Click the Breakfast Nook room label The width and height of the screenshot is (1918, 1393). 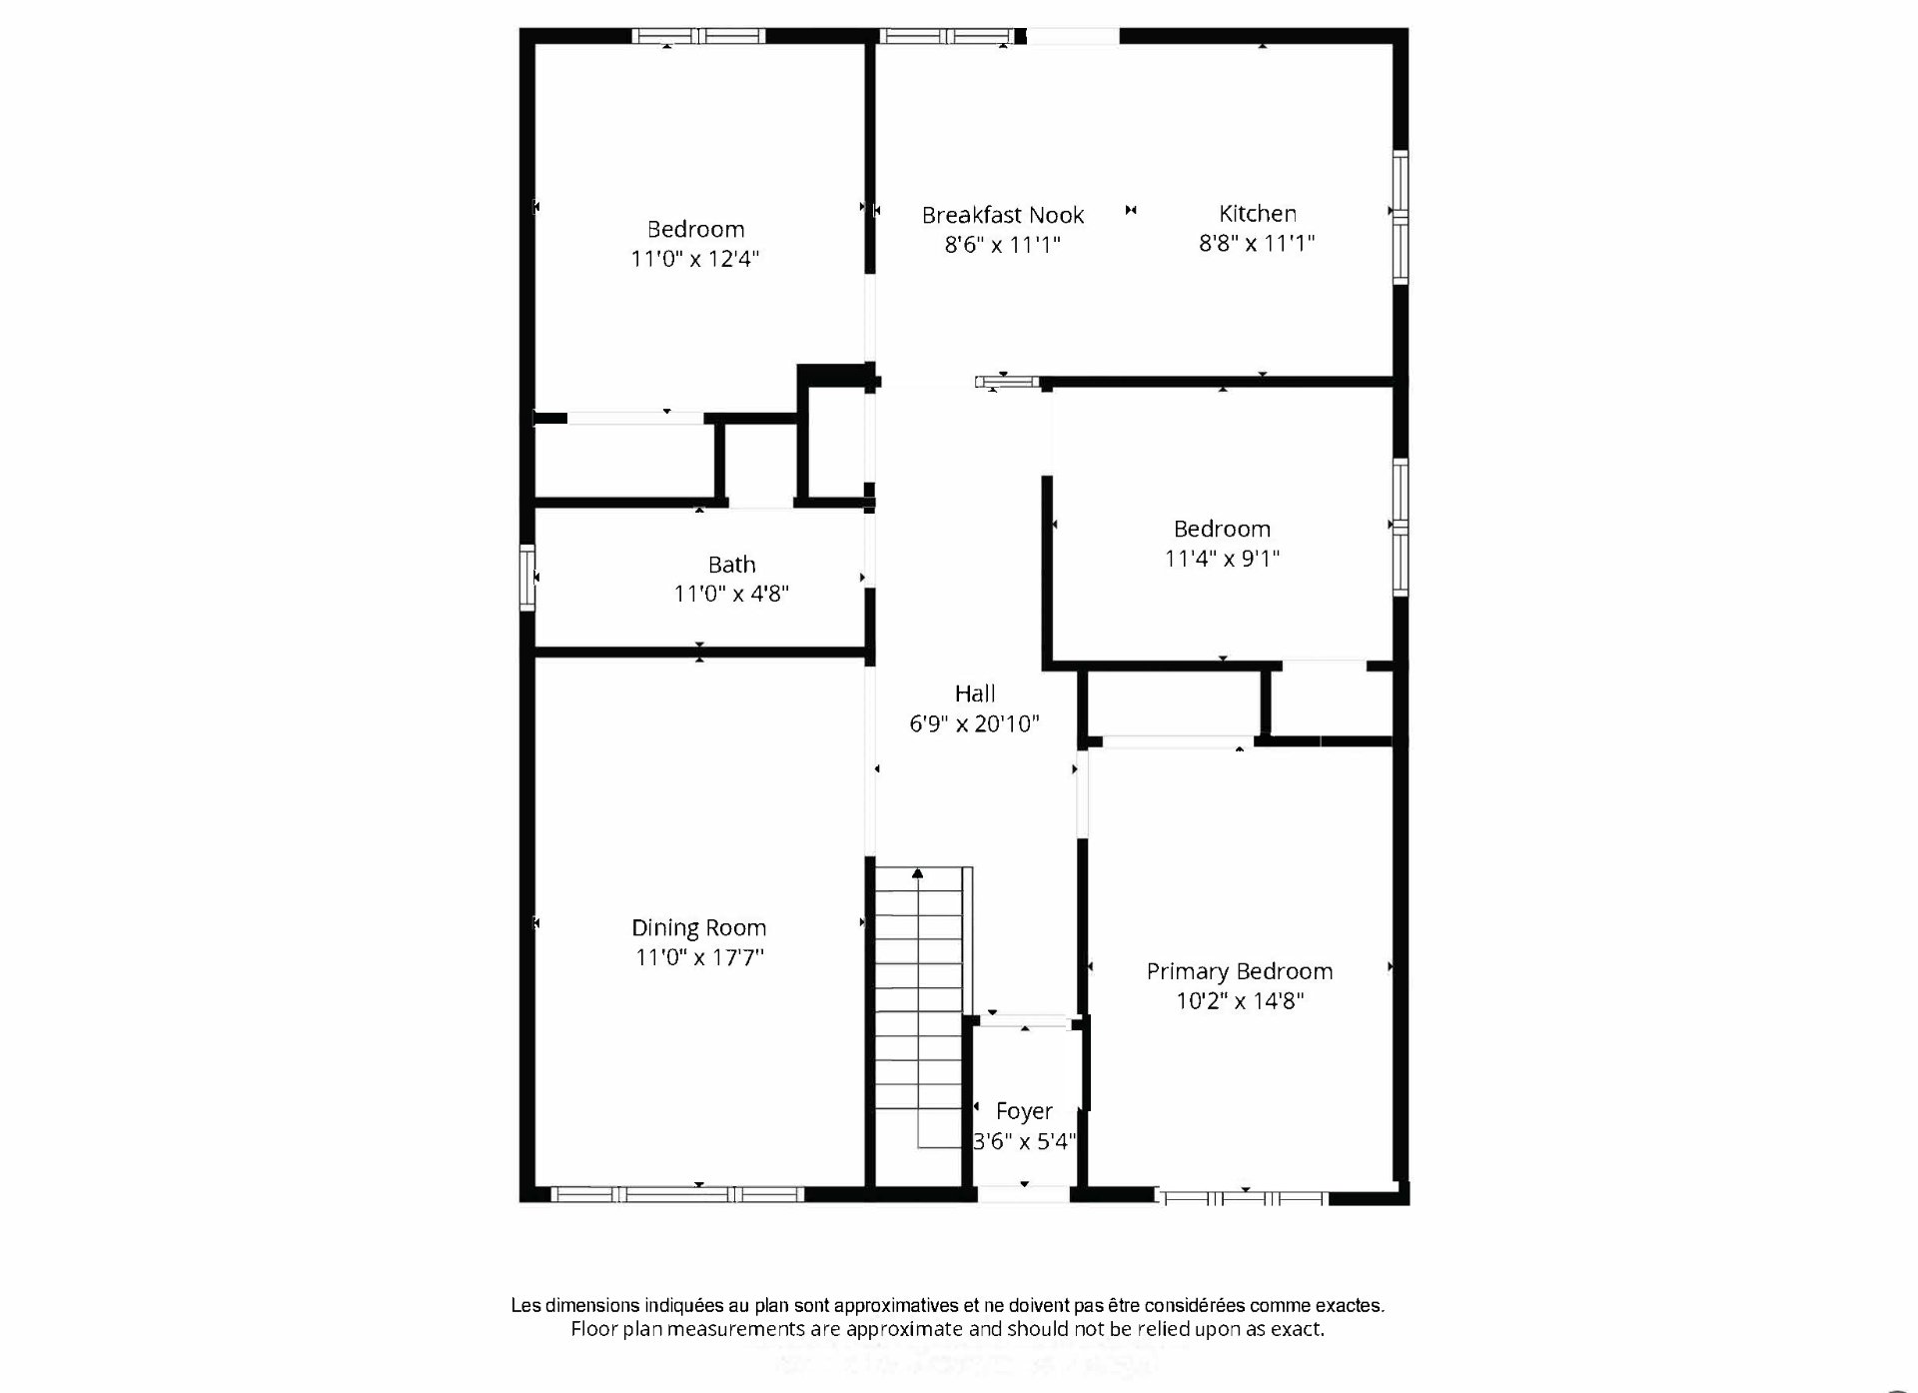click(1003, 215)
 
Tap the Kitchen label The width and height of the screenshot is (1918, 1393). click(1258, 213)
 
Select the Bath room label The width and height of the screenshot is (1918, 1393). click(732, 565)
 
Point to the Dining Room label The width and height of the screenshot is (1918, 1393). click(699, 928)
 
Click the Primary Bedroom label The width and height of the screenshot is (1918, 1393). click(1240, 971)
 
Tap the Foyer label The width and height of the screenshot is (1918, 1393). click(1024, 1111)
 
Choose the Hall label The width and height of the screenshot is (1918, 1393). click(975, 694)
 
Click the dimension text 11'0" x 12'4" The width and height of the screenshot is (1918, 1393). click(695, 259)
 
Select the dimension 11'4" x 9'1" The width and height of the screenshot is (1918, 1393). click(1222, 559)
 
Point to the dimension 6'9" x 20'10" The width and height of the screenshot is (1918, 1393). click(975, 723)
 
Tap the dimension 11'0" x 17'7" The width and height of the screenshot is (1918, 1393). click(699, 957)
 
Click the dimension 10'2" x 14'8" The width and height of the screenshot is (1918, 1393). click(1240, 1000)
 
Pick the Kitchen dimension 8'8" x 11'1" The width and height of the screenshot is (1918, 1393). click(1257, 242)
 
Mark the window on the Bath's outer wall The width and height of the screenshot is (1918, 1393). click(527, 578)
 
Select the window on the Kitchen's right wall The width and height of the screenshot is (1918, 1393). click(1401, 217)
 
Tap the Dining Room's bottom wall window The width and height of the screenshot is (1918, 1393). click(677, 1194)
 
